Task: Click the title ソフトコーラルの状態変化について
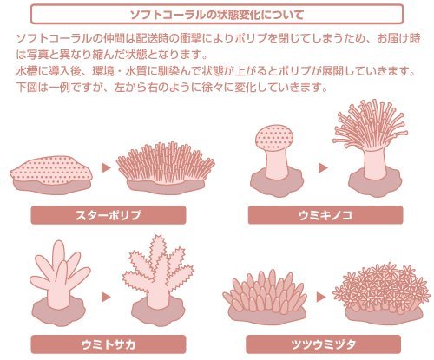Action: [x=218, y=14]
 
